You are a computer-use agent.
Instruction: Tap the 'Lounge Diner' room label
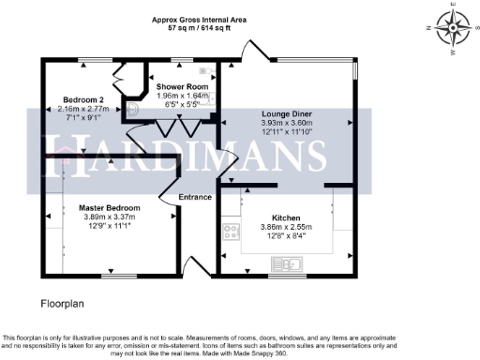(x=287, y=114)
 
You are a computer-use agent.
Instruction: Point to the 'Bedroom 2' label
(x=85, y=98)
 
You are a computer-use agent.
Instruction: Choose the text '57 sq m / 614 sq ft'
(x=200, y=28)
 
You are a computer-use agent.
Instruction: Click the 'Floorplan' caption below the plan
(x=63, y=305)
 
